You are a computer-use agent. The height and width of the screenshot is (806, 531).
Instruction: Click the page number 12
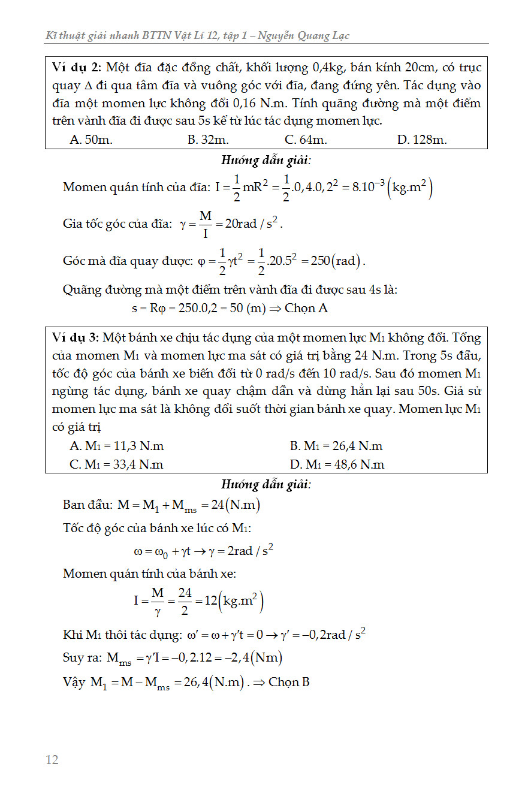[x=52, y=760]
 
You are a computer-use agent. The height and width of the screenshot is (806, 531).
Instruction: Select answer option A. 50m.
[x=91, y=140]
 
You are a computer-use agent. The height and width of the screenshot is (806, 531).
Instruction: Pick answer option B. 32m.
[x=208, y=140]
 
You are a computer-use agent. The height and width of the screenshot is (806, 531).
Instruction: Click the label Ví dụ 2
[x=76, y=67]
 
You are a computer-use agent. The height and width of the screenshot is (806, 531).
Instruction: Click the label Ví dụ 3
[x=76, y=338]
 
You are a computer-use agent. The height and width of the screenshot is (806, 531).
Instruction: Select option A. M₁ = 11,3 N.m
[x=117, y=446]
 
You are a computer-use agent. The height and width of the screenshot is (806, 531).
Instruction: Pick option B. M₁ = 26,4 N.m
[x=336, y=446]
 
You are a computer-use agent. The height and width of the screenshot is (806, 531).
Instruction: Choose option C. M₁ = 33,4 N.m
[x=117, y=464]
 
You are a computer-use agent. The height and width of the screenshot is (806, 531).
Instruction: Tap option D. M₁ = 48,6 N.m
[x=336, y=464]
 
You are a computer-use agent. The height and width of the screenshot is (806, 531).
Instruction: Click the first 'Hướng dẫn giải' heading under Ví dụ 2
[x=266, y=161]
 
